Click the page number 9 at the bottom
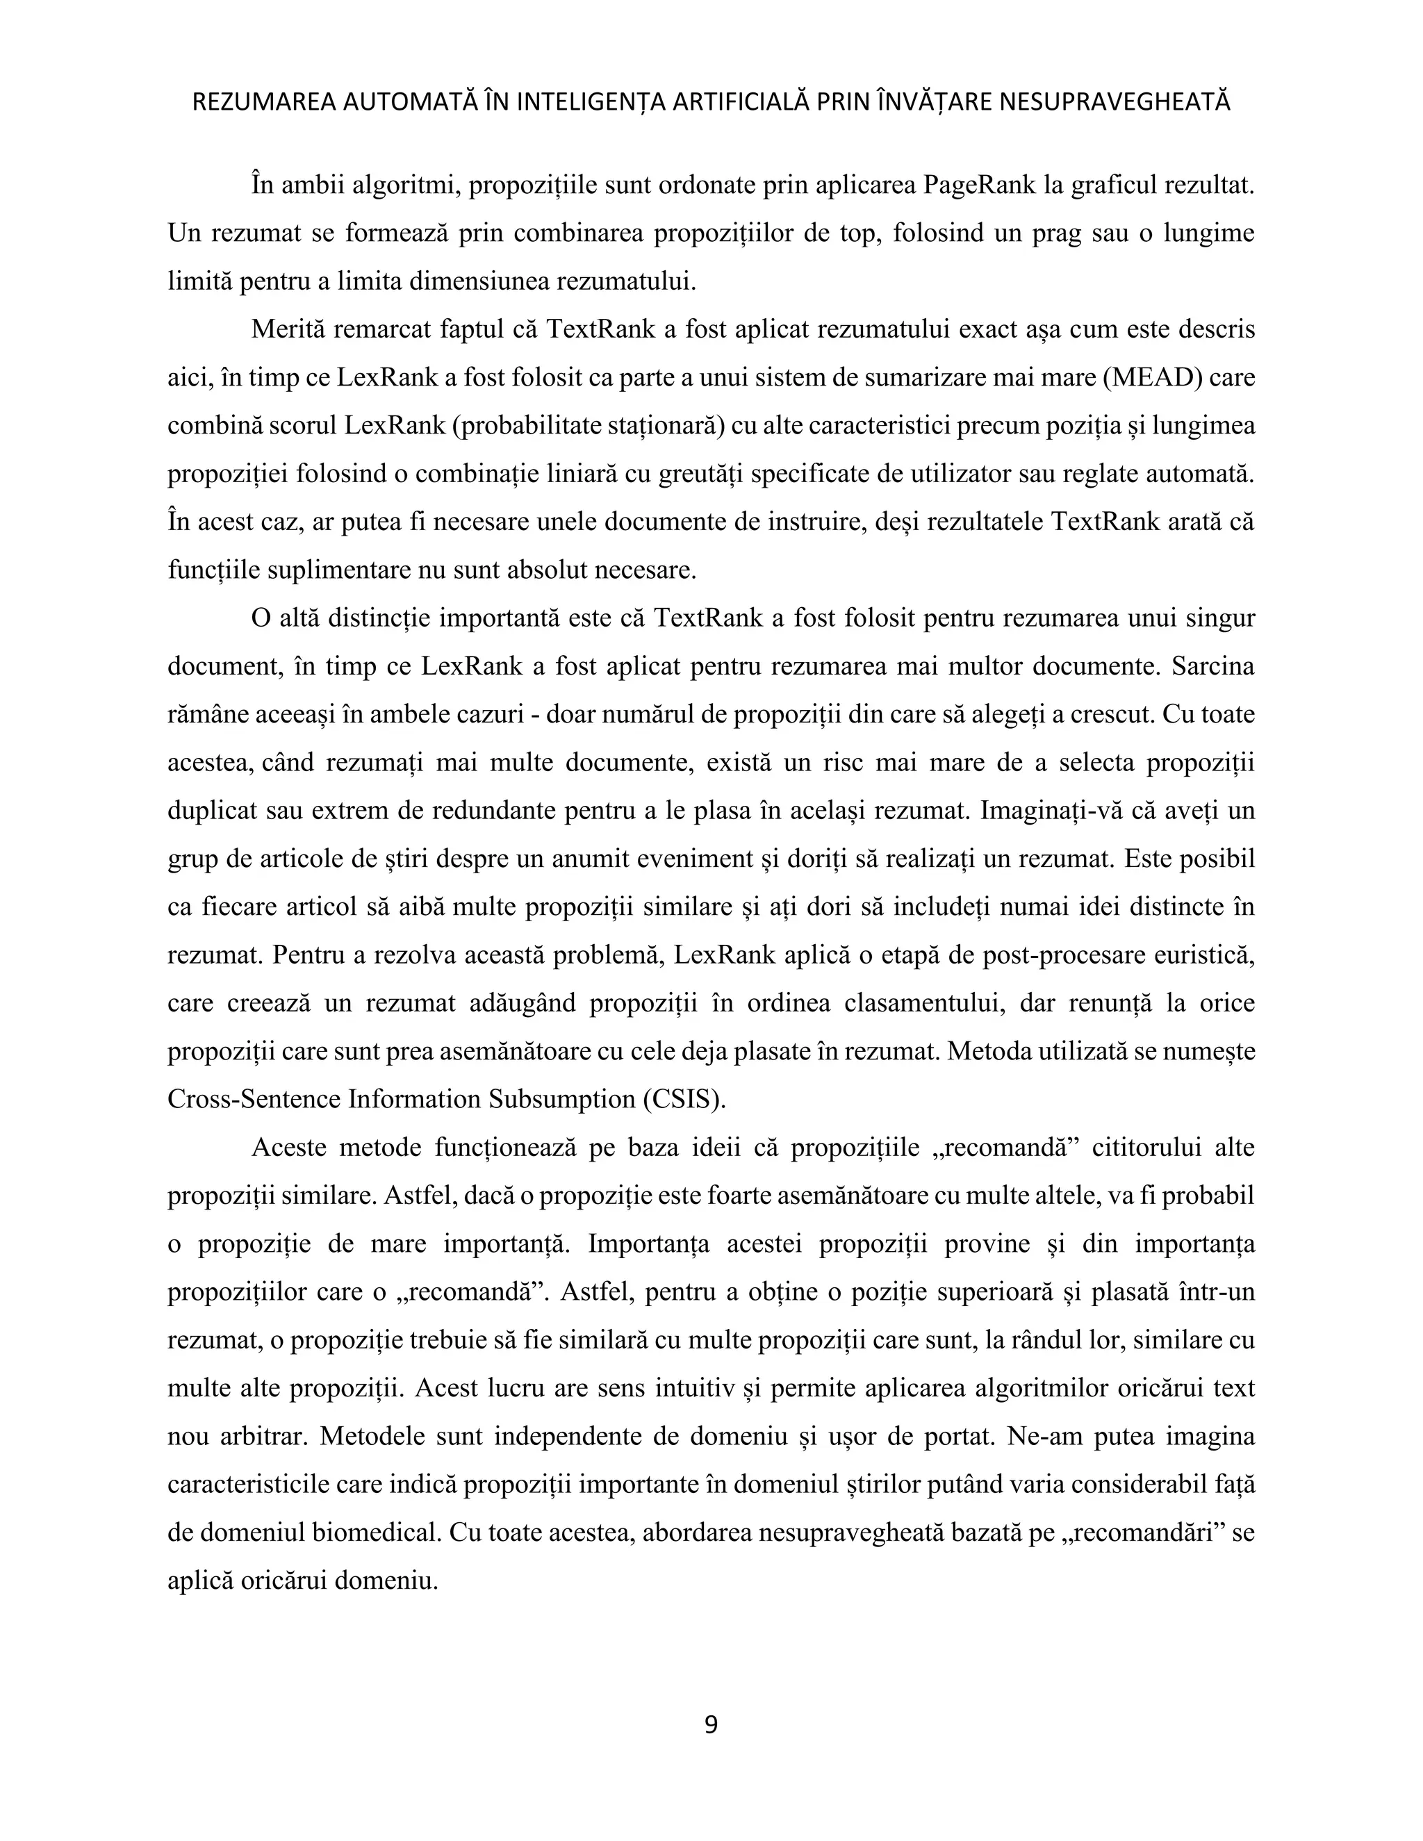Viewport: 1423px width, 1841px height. [711, 1725]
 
